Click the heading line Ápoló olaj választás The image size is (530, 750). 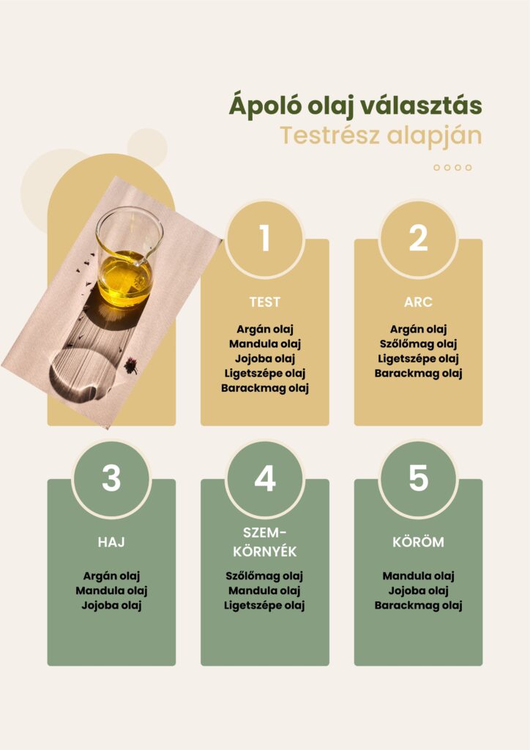point(355,105)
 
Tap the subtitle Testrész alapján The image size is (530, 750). point(381,135)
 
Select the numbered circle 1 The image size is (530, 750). point(265,238)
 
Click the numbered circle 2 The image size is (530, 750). point(418,238)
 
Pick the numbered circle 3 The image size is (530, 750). point(111,478)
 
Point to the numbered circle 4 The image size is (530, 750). point(265,478)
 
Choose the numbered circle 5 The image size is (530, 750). point(418,478)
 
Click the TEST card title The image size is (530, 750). point(265,302)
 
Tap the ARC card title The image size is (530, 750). point(418,302)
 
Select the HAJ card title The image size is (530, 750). point(111,542)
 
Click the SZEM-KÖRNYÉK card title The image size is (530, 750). point(265,542)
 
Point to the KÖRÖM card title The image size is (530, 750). point(418,542)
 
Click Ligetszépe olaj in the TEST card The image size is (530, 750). point(265,373)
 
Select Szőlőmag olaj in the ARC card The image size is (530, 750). point(418,344)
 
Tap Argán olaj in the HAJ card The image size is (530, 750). point(111,576)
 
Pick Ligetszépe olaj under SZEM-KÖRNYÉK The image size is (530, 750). point(264,606)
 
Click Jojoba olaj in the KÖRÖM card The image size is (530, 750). point(418,591)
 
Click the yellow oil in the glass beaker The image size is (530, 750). point(125,280)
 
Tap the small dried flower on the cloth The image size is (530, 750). point(130,365)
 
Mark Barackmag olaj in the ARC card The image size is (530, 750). point(418,373)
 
